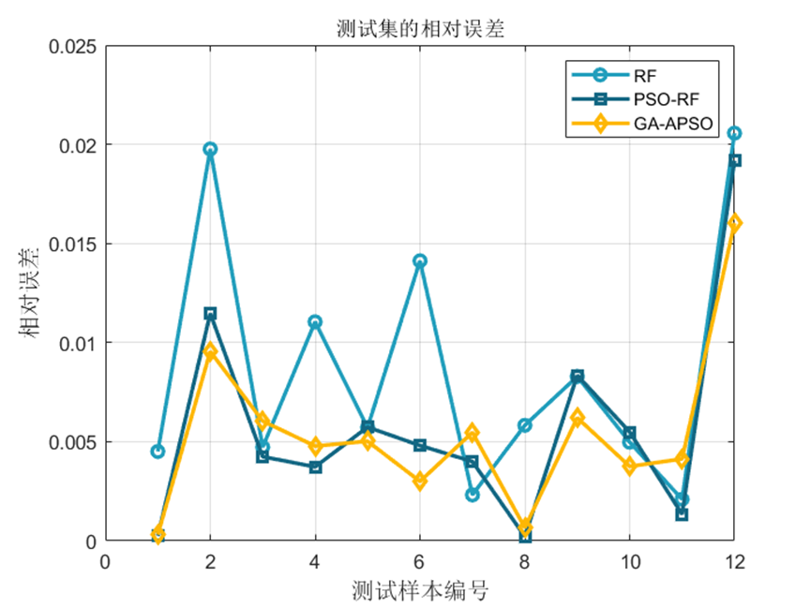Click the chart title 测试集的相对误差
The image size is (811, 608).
[419, 29]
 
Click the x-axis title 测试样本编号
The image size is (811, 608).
[419, 591]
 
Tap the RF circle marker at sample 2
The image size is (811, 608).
[210, 149]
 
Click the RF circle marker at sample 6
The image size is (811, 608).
[420, 260]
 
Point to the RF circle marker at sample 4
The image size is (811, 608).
[315, 322]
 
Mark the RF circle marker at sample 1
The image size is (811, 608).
[158, 452]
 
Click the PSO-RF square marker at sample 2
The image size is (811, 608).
[210, 314]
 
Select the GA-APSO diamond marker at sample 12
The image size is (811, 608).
[734, 223]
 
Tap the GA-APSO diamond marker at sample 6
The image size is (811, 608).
[420, 482]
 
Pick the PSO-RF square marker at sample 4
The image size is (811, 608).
[315, 467]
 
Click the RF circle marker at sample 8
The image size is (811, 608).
[525, 425]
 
